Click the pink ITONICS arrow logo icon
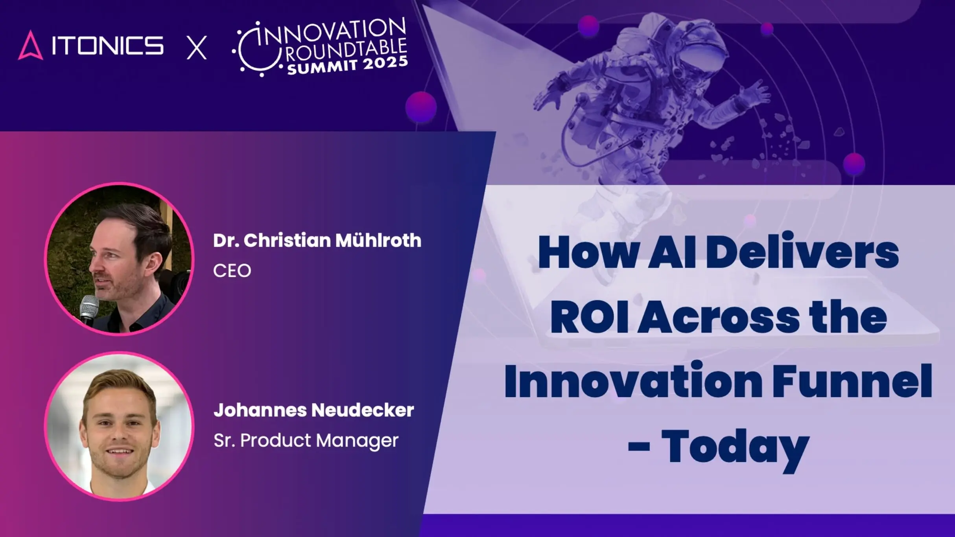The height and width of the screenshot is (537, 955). point(30,46)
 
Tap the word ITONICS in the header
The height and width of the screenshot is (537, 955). point(107,46)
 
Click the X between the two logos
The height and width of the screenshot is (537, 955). point(196,48)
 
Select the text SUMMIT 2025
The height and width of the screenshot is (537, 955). point(347,65)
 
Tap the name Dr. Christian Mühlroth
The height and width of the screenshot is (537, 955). point(317,240)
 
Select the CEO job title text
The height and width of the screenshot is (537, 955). point(232,271)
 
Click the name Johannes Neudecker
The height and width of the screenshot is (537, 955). point(313,410)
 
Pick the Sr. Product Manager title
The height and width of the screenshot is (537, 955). point(306,440)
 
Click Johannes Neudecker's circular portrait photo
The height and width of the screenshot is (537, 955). point(119,426)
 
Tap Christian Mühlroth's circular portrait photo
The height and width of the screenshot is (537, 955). point(119,259)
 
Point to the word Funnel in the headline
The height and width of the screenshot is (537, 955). point(852,381)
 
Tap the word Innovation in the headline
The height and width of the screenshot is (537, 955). point(633,381)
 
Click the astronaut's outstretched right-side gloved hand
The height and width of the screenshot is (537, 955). point(757,92)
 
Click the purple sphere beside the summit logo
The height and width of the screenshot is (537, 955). point(420,107)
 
